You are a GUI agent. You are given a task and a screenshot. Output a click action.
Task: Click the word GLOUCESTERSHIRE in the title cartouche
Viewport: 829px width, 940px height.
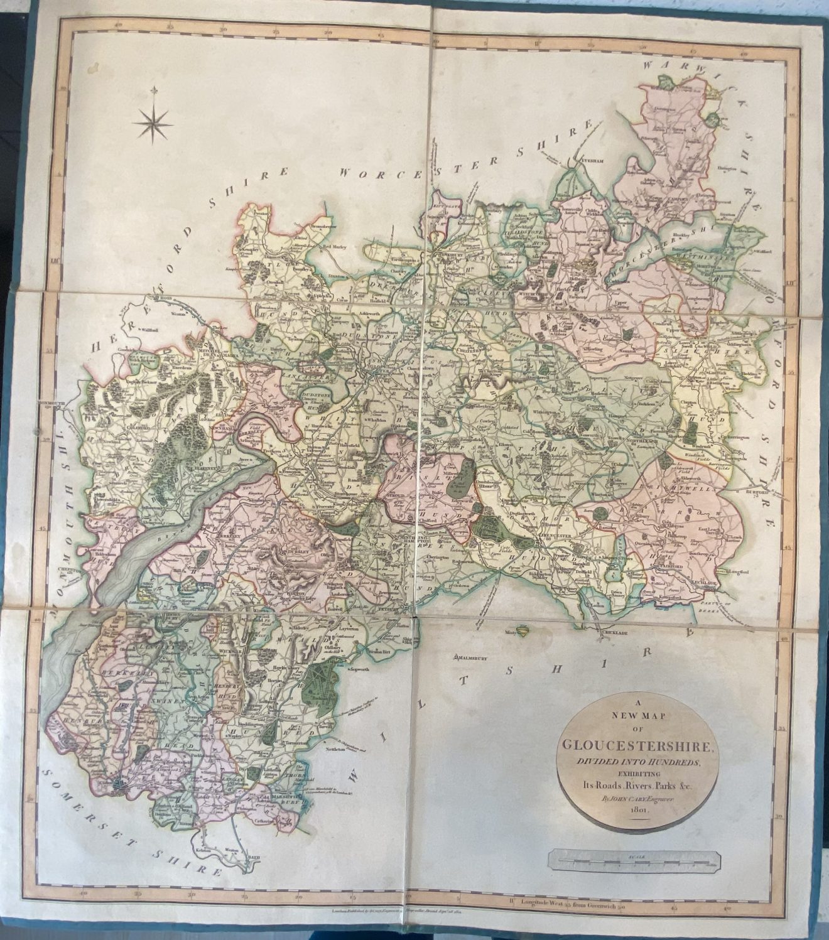coord(636,747)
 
